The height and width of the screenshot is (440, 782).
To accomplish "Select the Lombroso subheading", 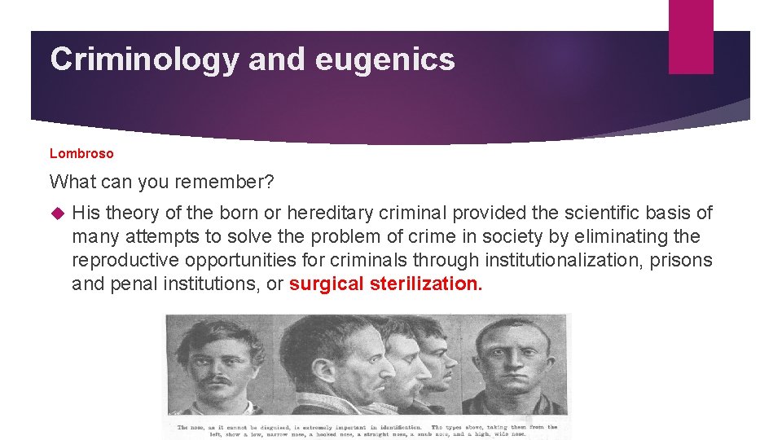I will click(81, 153).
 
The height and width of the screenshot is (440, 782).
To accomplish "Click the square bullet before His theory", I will click(56, 213).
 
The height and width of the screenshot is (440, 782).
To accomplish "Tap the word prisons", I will click(683, 261).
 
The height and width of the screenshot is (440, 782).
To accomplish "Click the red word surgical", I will click(326, 284).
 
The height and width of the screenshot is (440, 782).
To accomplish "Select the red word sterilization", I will click(426, 284).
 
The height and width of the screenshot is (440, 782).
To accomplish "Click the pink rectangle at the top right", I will click(691, 37).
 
